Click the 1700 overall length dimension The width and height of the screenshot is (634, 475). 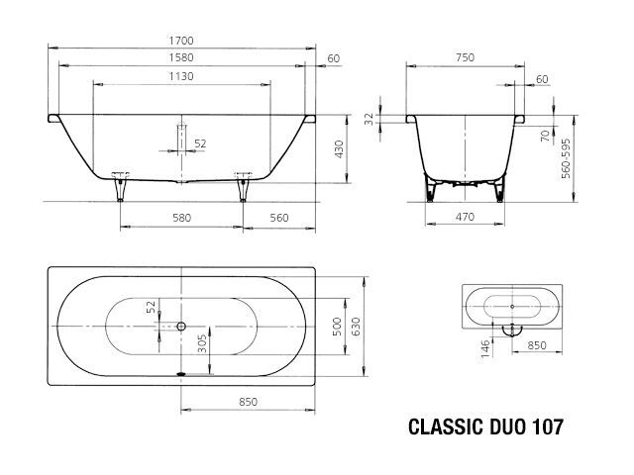[x=181, y=41]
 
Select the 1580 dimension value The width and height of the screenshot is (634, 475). [x=181, y=57]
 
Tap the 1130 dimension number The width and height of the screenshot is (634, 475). [x=181, y=76]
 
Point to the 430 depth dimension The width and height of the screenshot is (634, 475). [x=339, y=149]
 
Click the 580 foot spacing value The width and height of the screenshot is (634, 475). [x=181, y=218]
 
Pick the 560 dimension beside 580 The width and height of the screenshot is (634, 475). [x=279, y=218]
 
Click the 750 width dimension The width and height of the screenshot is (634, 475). [x=465, y=57]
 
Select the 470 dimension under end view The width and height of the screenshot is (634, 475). [x=465, y=218]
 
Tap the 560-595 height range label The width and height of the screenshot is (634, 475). [x=566, y=158]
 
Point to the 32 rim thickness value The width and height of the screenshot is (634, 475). [x=370, y=119]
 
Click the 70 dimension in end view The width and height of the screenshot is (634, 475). [x=546, y=136]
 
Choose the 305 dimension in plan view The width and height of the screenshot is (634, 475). [x=202, y=343]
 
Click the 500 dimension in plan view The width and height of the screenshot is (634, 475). [x=337, y=327]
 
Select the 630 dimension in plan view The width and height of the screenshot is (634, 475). [x=355, y=327]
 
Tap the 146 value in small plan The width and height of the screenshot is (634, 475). [x=485, y=348]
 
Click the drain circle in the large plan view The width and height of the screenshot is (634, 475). [x=181, y=326]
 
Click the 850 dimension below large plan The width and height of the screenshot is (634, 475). [x=248, y=402]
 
